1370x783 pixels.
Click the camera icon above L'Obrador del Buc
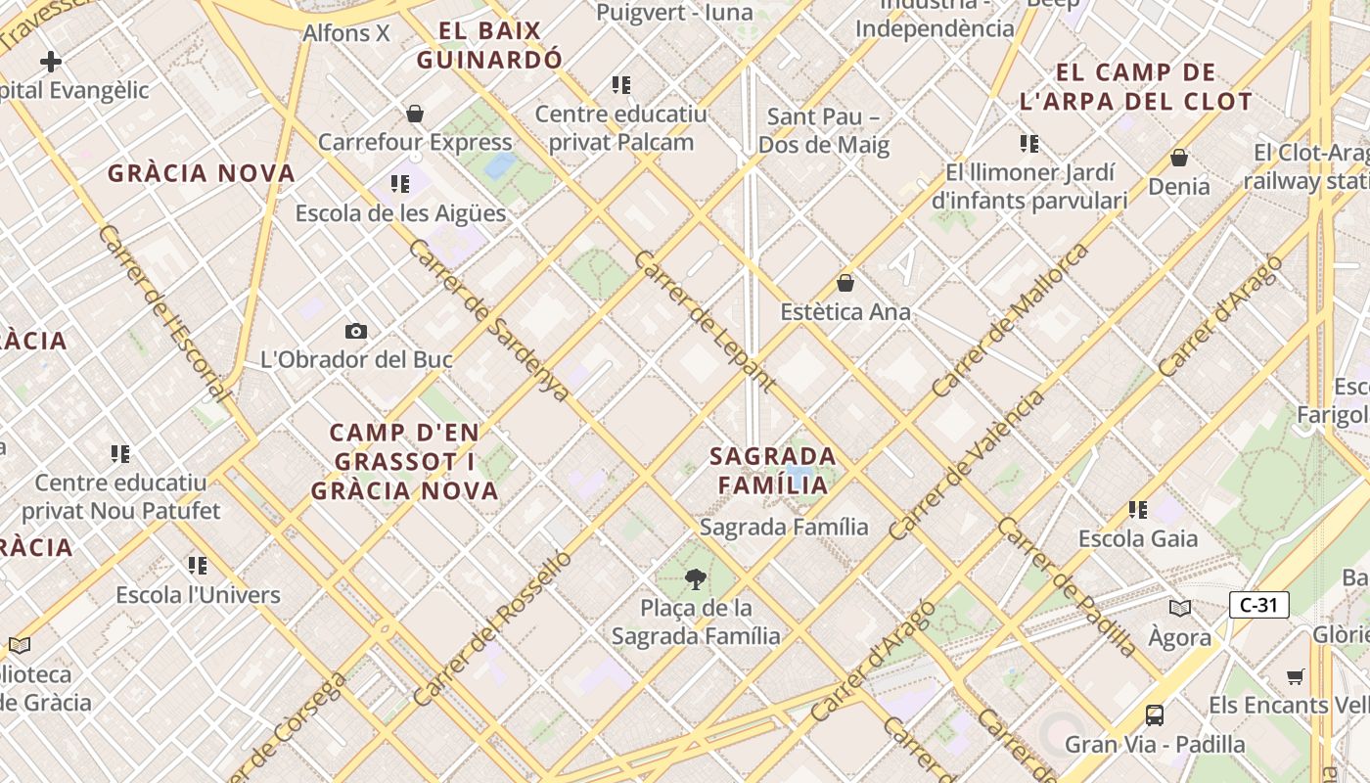point(356,332)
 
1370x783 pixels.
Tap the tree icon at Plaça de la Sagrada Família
point(696,579)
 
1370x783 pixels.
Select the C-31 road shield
point(1258,605)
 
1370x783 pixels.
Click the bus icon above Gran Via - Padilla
point(1155,715)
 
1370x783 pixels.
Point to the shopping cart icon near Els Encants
point(1296,676)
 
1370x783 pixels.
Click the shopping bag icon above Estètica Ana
point(845,284)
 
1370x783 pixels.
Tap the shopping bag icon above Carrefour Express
point(415,115)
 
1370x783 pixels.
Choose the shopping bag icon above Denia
point(1179,158)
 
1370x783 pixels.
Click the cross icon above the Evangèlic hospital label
point(51,62)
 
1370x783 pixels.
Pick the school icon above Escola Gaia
point(1138,510)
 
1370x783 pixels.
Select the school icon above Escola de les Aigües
point(400,184)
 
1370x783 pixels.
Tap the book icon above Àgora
point(1180,609)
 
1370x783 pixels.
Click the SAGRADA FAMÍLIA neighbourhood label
point(773,470)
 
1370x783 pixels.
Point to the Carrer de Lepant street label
point(705,321)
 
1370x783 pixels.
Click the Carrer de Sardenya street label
point(489,321)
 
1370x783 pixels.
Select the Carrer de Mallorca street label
point(1010,320)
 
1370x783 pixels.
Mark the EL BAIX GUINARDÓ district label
point(489,45)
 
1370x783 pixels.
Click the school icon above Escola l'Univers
point(198,566)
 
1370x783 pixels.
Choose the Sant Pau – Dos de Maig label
point(823,131)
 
